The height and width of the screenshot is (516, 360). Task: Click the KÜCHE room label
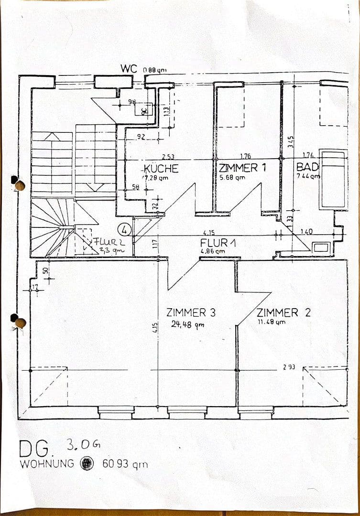tap(161, 169)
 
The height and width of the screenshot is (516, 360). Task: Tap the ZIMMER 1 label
tap(241, 168)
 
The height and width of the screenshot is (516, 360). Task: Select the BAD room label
tap(307, 167)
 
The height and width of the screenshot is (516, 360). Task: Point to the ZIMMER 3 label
tap(191, 313)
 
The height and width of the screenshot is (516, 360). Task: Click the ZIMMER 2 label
tap(284, 313)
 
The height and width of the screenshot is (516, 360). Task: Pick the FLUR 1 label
tap(218, 243)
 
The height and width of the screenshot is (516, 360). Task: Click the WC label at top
tap(129, 69)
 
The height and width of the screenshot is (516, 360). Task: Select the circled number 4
tap(125, 229)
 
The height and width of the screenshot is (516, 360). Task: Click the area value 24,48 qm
tap(188, 324)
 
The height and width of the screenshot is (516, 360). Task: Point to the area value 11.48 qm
tap(271, 322)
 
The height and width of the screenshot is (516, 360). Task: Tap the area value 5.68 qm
tap(232, 177)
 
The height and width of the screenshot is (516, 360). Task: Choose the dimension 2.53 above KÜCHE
tap(168, 156)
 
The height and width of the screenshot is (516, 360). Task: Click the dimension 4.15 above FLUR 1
tap(208, 233)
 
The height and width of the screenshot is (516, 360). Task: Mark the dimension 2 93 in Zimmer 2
tap(289, 367)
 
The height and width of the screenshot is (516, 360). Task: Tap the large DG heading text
tap(35, 449)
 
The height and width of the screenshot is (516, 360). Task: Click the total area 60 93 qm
tap(125, 463)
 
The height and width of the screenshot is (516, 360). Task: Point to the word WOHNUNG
tap(47, 463)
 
